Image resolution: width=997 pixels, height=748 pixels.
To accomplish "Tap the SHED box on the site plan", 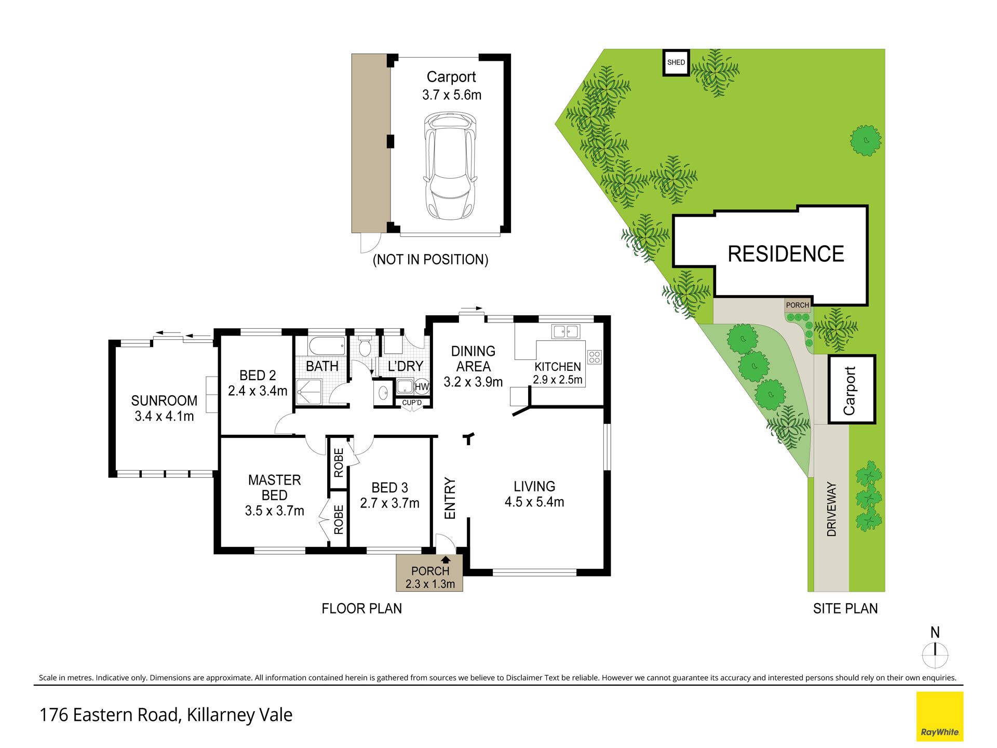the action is point(676,62).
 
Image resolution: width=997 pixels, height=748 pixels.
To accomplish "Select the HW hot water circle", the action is point(422,387).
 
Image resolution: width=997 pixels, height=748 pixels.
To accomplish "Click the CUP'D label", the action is point(412,403).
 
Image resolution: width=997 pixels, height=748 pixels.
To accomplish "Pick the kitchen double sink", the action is point(565,331).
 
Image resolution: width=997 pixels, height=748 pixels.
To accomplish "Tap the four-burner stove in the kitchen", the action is point(594,357).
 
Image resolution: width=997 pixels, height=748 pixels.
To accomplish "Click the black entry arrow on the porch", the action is point(446,559).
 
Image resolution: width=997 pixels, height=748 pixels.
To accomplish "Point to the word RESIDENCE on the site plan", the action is point(786,254).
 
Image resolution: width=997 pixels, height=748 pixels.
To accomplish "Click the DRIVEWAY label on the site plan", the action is point(831,509).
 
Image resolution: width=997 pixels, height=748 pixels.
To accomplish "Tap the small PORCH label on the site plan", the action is point(798,305).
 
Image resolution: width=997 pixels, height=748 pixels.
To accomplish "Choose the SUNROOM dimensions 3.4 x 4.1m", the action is point(164,416).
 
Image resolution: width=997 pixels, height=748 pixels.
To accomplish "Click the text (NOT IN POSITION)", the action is point(430,259).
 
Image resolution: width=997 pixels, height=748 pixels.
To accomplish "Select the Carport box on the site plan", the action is point(852,390).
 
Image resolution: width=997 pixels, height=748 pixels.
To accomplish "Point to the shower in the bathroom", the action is point(309,391).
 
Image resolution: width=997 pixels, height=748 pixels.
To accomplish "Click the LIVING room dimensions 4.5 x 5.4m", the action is point(534,502).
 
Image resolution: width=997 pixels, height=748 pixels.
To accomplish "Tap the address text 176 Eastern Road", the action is point(109,715).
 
